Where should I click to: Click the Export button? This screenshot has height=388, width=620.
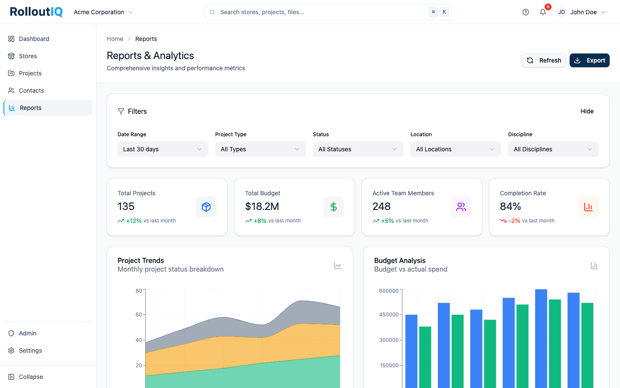589,60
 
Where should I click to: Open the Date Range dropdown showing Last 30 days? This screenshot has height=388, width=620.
162,149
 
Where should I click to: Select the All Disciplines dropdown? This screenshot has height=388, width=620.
553,149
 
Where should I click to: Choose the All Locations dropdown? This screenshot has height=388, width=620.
455,149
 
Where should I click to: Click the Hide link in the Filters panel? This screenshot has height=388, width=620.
586,111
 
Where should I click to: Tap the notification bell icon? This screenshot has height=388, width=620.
542,12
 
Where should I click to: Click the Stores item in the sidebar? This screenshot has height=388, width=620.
28,56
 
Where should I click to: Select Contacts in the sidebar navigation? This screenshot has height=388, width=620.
31,91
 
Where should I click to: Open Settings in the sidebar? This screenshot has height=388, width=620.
30,350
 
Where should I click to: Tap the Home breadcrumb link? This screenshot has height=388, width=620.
115,39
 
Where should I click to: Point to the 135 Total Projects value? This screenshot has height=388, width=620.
126,207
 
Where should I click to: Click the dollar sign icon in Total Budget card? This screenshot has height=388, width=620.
333,207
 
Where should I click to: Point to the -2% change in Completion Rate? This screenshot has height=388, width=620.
514,221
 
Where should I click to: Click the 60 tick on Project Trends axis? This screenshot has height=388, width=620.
139,315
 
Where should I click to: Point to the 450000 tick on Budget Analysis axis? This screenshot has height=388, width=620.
388,315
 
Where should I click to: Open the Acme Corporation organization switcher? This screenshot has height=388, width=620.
103,12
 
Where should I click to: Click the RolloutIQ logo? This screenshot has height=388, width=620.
36,12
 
